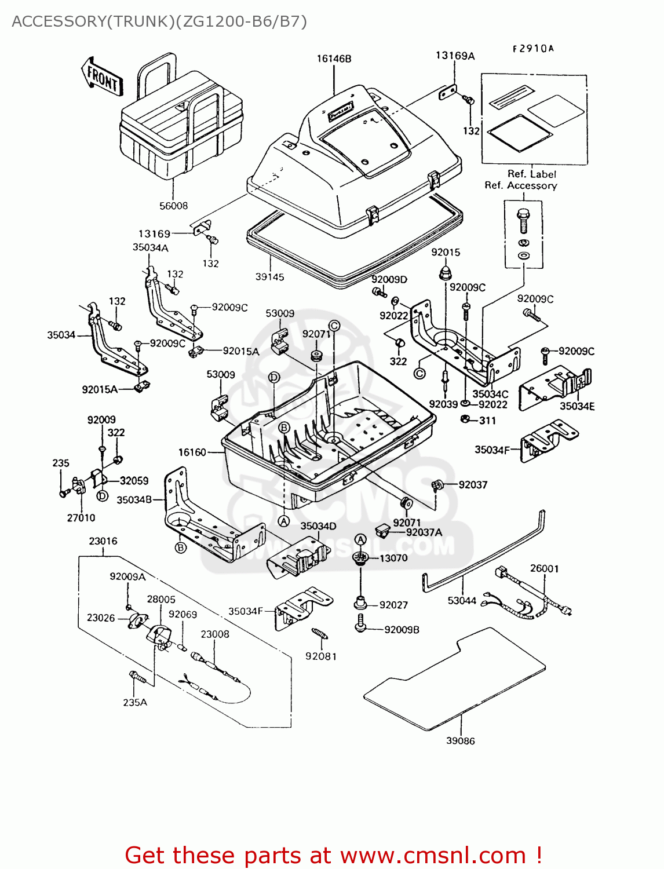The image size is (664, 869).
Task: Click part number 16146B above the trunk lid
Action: pos(334,59)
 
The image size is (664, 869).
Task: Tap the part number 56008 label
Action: pos(173,206)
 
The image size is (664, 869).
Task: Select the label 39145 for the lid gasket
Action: pos(269,277)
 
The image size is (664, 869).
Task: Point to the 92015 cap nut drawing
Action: pos(445,272)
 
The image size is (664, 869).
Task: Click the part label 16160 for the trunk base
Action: pos(192,452)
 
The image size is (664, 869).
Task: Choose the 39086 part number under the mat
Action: pos(460,740)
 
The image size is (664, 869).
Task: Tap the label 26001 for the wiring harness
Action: pos(544,568)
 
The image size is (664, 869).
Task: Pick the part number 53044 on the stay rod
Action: pos(461,601)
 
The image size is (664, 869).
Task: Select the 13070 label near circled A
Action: pos(393,558)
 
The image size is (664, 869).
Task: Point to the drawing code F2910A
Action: pos(533,49)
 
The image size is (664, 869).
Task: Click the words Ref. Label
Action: pos(531,174)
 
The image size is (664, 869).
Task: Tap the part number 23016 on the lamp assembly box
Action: pos(103,541)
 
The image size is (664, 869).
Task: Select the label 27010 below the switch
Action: pos(81,518)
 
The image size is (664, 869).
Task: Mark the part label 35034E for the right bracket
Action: pos(577,406)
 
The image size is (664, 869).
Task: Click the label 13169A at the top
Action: pos(455,56)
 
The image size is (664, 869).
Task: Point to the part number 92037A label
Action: pos(424,532)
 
